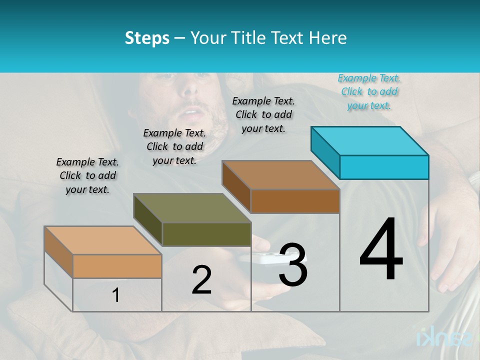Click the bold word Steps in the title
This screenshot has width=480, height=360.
coord(147,38)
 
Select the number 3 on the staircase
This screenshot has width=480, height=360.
coord(293,265)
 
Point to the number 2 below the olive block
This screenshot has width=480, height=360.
coord(201,280)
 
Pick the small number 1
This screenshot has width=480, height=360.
coord(115,295)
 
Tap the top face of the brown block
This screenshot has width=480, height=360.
coord(281,175)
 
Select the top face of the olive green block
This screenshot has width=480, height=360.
coord(192,208)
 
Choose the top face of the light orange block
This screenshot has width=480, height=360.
coord(103,240)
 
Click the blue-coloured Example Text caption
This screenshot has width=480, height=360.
coord(369,91)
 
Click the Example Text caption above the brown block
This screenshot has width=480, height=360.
coord(263,114)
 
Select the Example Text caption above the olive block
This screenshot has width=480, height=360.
coord(174,146)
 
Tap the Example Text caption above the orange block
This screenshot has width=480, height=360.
coord(87,175)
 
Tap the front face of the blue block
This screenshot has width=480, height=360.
coord(384,167)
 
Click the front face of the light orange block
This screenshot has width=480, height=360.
coord(117,266)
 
